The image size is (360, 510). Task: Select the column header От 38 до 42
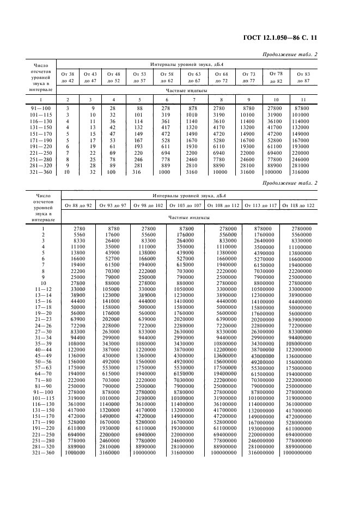68,77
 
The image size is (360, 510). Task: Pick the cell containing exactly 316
139,173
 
